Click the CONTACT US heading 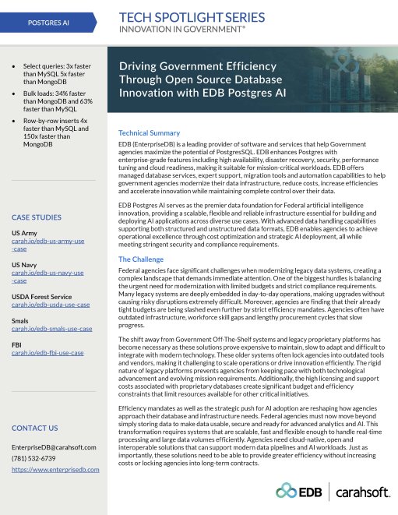(34, 429)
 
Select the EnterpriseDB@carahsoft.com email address (54, 447)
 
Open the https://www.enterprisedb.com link (55, 470)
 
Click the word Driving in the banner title (137, 65)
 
